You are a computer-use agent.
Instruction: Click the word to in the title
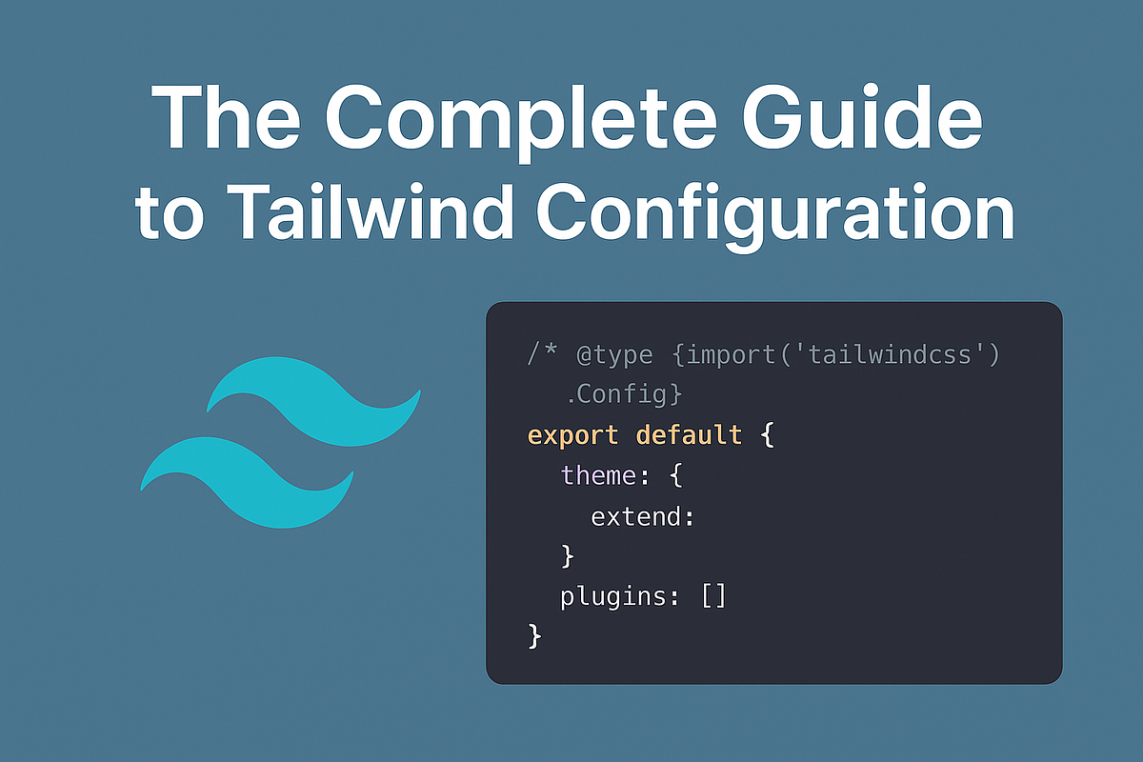pyautogui.click(x=170, y=214)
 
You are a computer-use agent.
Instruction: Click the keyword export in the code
pyautogui.click(x=573, y=435)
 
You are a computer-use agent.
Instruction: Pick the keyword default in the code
pyautogui.click(x=689, y=435)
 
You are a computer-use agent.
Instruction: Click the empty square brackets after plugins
pyautogui.click(x=714, y=597)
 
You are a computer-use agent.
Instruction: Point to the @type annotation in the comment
pyautogui.click(x=614, y=355)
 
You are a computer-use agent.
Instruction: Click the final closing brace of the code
pyautogui.click(x=534, y=635)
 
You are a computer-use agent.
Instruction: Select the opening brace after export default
pyautogui.click(x=768, y=435)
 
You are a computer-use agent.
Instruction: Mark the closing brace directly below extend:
pyautogui.click(x=568, y=555)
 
